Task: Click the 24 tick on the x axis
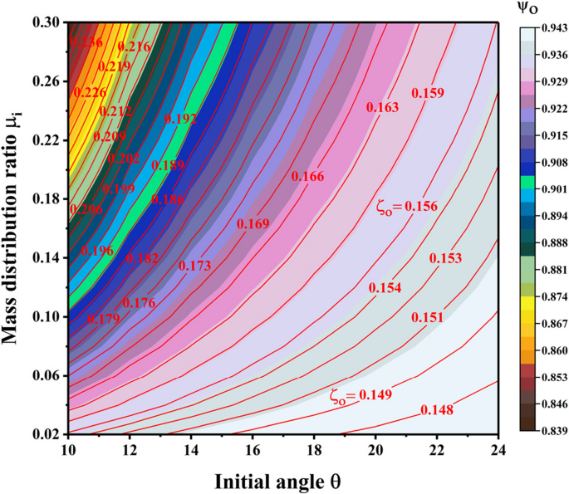[498, 449]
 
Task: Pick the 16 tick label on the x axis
[252, 449]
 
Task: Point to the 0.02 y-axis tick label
[47, 433]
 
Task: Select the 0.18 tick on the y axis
[47, 198]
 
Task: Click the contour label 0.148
[437, 409]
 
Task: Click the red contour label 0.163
[382, 107]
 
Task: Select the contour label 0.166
[307, 176]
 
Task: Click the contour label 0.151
[427, 318]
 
